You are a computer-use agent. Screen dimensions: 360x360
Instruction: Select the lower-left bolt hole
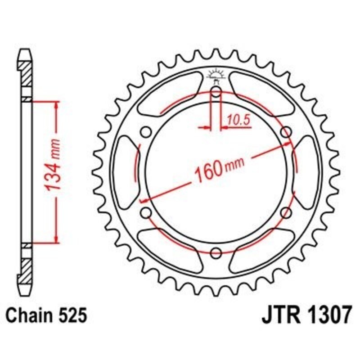pos(146,212)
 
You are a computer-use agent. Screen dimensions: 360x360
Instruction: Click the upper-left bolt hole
pos(146,132)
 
